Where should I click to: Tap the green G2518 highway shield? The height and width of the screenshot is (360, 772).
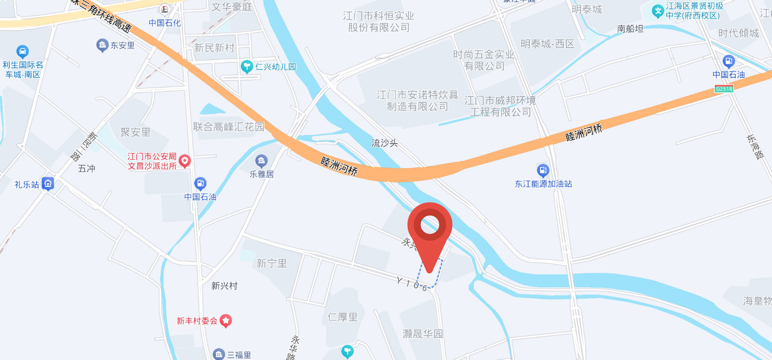[x=724, y=89]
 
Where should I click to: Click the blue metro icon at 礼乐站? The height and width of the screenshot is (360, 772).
[x=48, y=184]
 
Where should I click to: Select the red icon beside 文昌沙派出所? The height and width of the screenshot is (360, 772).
[x=185, y=161]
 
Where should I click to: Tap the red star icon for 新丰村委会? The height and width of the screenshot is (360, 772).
[x=225, y=321]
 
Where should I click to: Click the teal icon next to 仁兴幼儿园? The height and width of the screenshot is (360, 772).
[x=247, y=67]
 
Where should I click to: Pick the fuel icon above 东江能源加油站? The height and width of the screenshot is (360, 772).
[x=543, y=171]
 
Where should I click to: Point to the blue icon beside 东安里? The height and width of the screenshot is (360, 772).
[x=102, y=45]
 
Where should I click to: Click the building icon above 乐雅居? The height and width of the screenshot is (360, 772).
[x=261, y=161]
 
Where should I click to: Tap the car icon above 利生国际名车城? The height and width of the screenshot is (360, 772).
[x=22, y=52]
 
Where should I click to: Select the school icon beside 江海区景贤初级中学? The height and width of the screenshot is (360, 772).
[x=658, y=11]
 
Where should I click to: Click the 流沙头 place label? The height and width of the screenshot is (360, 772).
[x=384, y=143]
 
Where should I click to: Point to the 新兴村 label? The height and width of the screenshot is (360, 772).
[x=224, y=286]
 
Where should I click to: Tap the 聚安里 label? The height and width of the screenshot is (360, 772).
[x=135, y=132]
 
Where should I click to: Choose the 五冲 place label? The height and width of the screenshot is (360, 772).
[x=86, y=168]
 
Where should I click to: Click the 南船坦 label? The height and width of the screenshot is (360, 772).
[x=630, y=29]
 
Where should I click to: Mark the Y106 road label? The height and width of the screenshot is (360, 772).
[x=412, y=284]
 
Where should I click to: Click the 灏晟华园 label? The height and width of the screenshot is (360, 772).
[x=422, y=334]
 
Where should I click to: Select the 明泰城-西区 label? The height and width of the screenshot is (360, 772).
[x=547, y=44]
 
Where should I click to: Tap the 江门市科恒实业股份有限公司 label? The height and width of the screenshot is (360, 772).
[x=378, y=21]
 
